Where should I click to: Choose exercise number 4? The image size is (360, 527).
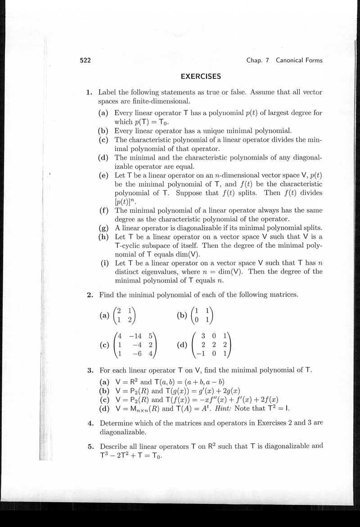point(90,424)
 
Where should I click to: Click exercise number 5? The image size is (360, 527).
point(90,447)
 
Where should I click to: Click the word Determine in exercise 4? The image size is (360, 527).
point(117,424)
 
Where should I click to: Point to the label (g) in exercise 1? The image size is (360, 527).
point(103,228)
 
